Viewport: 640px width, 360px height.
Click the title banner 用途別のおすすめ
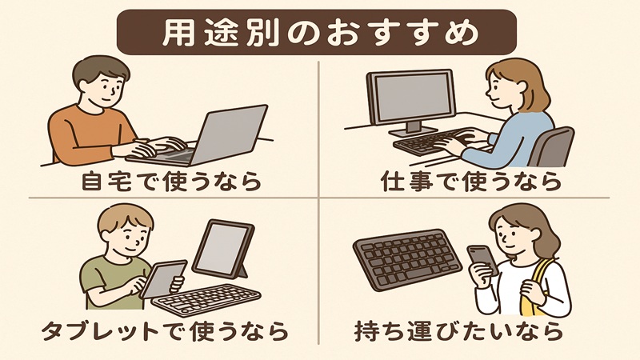[x=319, y=33]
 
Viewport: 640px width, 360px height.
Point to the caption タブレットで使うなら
[x=165, y=330]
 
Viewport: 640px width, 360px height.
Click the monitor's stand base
[x=413, y=130]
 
